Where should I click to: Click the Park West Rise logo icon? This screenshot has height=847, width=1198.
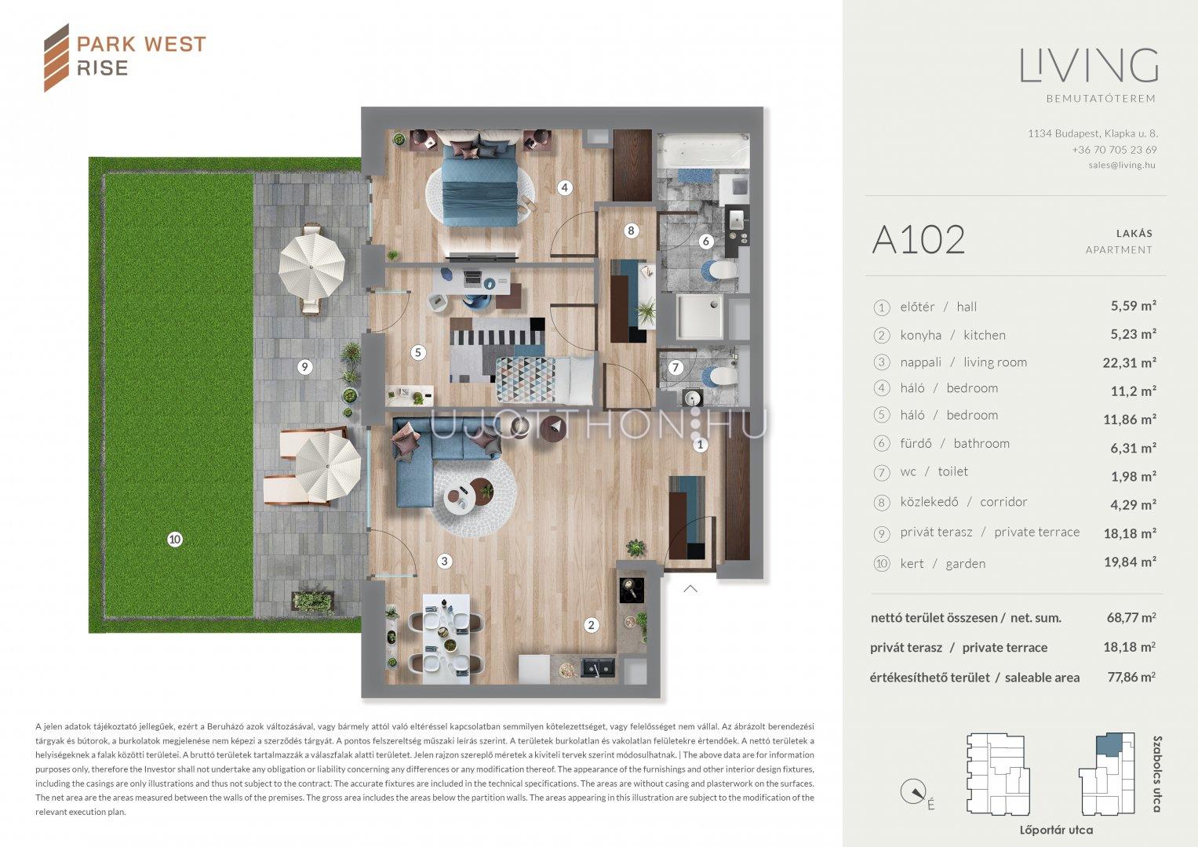coord(56,58)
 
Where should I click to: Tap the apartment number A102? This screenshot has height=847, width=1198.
coord(918,240)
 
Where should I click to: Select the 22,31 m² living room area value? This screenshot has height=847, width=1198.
coord(1129,362)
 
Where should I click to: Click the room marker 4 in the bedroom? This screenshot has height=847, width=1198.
coord(564,187)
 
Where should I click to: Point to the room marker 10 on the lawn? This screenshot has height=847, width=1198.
coord(175,540)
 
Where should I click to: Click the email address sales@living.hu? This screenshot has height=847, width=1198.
coord(1122,165)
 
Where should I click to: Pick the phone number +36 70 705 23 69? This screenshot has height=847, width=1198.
coord(1114,150)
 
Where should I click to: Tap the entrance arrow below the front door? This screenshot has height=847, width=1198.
coord(690,589)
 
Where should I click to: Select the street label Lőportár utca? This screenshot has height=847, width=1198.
coord(1056,830)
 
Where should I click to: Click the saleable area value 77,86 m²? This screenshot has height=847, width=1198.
coord(1131,677)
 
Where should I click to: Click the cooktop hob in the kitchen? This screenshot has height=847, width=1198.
coord(632,591)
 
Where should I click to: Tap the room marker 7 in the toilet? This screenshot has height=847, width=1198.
coord(675,367)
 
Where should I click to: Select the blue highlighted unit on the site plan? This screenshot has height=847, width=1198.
coord(1109,745)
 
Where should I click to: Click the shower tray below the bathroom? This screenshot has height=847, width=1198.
coord(700,317)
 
